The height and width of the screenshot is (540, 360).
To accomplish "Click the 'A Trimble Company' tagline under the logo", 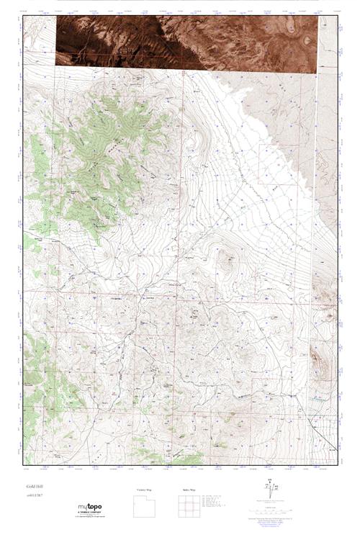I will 91,513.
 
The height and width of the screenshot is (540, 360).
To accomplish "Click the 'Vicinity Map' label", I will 145,490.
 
